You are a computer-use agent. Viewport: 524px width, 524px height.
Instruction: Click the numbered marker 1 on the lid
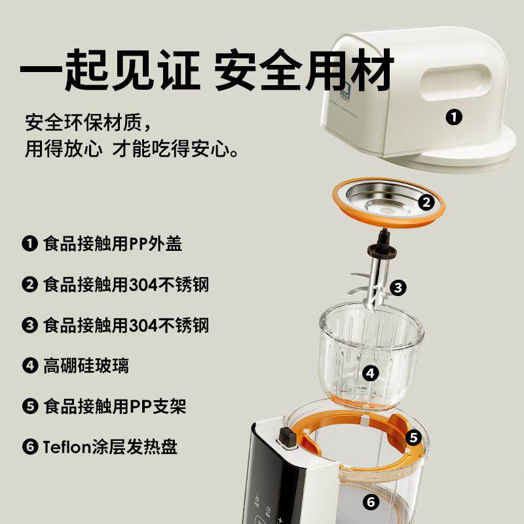point(453,118)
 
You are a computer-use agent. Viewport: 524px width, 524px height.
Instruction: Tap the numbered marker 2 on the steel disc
point(426,202)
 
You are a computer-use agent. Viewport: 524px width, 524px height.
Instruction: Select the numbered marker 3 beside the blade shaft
point(399,287)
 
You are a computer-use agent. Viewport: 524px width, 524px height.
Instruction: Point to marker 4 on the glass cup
point(371,373)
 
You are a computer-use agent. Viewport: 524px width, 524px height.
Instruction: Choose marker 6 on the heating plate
point(371,503)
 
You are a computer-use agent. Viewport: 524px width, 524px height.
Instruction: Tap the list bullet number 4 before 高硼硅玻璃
point(29,365)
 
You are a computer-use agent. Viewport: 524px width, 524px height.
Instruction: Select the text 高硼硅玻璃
point(86,365)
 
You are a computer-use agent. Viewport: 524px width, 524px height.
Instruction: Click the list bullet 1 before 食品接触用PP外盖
point(29,244)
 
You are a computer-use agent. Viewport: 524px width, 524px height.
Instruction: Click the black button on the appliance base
point(286,437)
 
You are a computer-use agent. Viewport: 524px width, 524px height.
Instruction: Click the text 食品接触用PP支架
point(115,406)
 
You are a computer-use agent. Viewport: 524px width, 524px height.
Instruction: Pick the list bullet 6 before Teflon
point(29,447)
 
